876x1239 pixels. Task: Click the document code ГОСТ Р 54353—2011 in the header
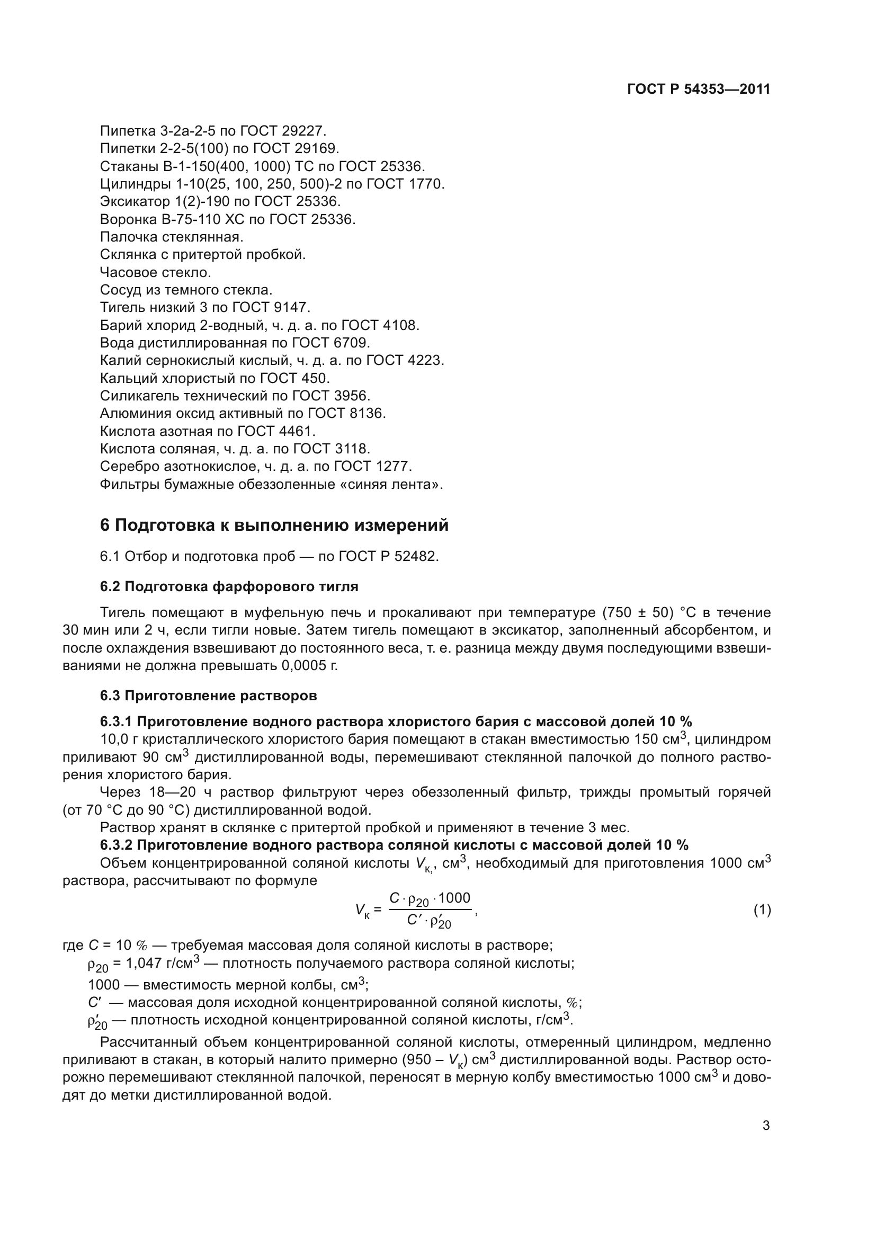699,90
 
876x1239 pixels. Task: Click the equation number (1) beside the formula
762,911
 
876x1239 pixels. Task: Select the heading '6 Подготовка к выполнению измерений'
274,525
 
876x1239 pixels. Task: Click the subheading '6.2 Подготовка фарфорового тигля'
229,586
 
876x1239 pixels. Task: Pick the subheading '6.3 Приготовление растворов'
208,696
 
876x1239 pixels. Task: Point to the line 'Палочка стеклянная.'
172,237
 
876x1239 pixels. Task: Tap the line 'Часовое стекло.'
155,272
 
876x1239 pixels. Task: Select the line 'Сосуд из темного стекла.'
186,290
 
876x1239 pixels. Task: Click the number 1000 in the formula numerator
454,898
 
